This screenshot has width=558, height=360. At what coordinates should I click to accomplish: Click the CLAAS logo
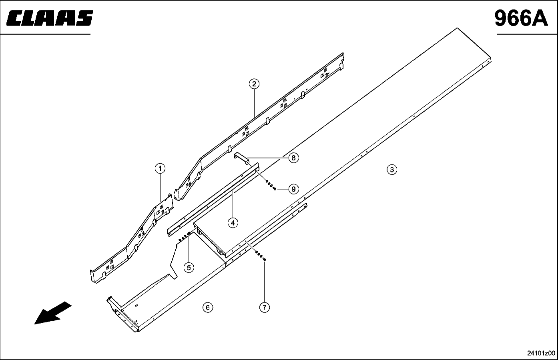point(50,18)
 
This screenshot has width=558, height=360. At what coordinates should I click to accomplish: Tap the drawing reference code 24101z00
point(541,353)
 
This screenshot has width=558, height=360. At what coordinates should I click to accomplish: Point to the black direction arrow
point(52,313)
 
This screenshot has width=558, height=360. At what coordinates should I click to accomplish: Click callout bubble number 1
point(160,168)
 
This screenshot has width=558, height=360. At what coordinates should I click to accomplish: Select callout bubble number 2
point(254,84)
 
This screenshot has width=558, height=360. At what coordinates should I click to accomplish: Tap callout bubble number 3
point(392,170)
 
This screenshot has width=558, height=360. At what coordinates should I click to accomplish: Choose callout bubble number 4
point(233,222)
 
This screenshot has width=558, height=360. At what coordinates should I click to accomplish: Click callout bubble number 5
point(189,268)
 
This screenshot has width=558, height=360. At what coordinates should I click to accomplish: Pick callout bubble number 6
point(208,308)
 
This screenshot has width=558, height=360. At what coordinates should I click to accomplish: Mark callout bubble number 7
point(264,307)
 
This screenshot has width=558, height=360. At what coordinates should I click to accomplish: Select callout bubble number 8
point(293,158)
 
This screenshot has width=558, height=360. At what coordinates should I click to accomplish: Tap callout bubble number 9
point(293,189)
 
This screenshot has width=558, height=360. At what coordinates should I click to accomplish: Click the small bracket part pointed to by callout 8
point(242,158)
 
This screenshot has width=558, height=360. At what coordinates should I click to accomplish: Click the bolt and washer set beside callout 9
point(271,185)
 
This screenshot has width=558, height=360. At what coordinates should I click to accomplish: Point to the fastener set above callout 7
point(260,256)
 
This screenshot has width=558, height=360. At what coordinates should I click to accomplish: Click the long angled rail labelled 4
point(213,199)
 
